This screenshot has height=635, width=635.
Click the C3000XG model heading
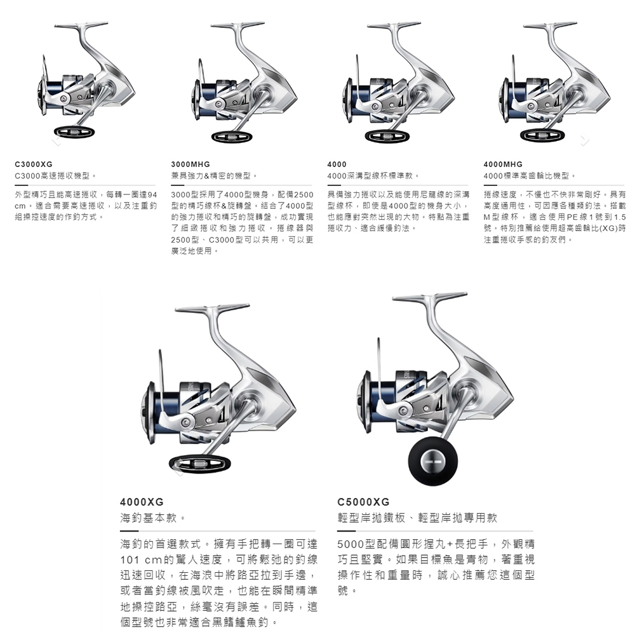[x=34, y=164]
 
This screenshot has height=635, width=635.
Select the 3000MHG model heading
[x=190, y=164]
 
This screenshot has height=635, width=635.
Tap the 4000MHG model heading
[x=503, y=164]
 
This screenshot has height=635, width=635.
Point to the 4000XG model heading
[x=142, y=502]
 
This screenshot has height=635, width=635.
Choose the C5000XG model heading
[x=363, y=502]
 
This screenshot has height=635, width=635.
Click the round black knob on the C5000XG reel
[x=433, y=461]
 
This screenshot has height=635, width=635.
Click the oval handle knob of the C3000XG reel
[x=74, y=131]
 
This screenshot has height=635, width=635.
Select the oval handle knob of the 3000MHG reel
[x=232, y=137]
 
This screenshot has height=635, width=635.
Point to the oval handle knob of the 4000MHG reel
[x=541, y=135]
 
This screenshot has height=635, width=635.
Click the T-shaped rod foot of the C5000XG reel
[x=430, y=297]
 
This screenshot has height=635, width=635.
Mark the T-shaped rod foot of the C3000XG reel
[x=81, y=25]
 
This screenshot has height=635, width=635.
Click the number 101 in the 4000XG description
[x=130, y=559]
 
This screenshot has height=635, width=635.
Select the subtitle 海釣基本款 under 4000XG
[x=149, y=518]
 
